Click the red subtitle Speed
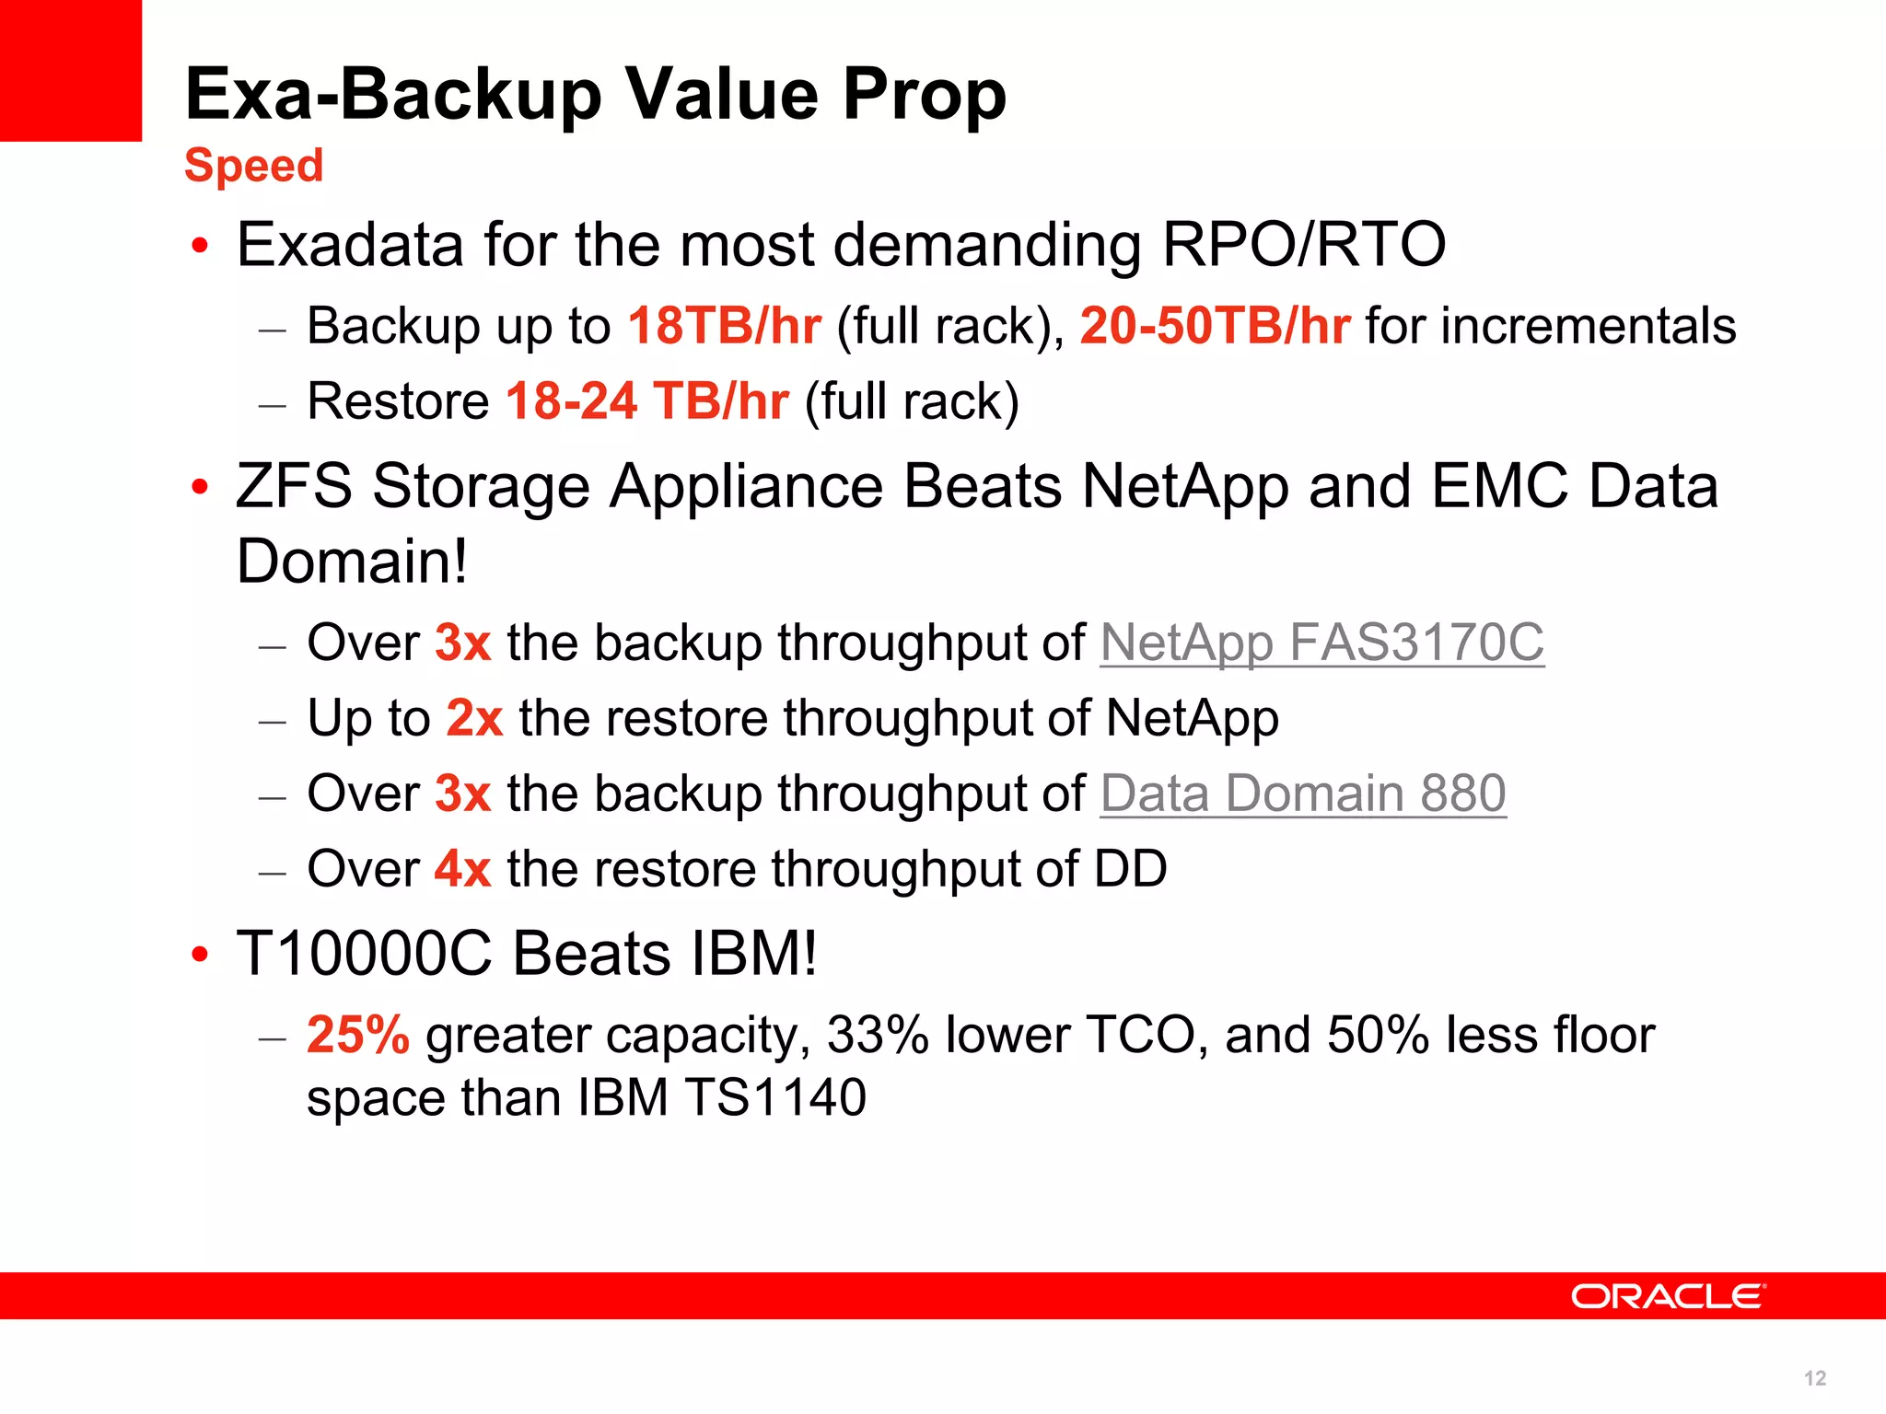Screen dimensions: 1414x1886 253,167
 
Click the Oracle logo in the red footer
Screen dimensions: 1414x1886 1668,1296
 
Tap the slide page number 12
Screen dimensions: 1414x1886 1815,1378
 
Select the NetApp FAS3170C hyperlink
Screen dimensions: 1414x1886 1321,643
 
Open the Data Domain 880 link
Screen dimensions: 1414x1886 1303,794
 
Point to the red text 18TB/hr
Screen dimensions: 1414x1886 725,327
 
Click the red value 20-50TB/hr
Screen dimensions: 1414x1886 1215,327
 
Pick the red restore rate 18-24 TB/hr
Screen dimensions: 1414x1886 646,402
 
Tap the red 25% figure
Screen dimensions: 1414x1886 358,1035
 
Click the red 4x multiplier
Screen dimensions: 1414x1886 462,869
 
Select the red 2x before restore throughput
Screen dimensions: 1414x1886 474,718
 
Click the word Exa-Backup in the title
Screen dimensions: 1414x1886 393,95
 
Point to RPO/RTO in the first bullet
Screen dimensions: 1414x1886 1303,245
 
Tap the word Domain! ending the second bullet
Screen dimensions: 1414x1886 352,562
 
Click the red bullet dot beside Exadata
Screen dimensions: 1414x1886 200,247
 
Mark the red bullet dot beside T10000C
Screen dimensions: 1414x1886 200,956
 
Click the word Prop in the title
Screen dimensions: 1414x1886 924,95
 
